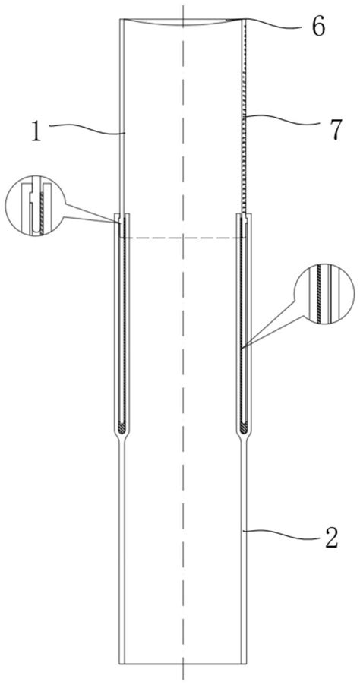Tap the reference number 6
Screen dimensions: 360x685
(317, 28)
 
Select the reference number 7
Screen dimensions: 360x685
(336, 130)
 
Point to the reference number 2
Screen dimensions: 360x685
(331, 539)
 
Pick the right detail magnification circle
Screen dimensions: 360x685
(324, 293)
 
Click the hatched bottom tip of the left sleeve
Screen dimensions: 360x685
(122, 425)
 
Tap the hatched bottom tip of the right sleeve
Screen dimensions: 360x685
(244, 425)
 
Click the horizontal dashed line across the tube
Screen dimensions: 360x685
(183, 238)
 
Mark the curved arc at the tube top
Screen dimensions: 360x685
(183, 23)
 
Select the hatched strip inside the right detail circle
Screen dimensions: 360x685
(320, 293)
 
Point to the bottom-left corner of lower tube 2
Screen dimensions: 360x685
(119, 664)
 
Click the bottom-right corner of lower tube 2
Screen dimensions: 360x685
(247, 664)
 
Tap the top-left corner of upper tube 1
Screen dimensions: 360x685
(120, 19)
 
